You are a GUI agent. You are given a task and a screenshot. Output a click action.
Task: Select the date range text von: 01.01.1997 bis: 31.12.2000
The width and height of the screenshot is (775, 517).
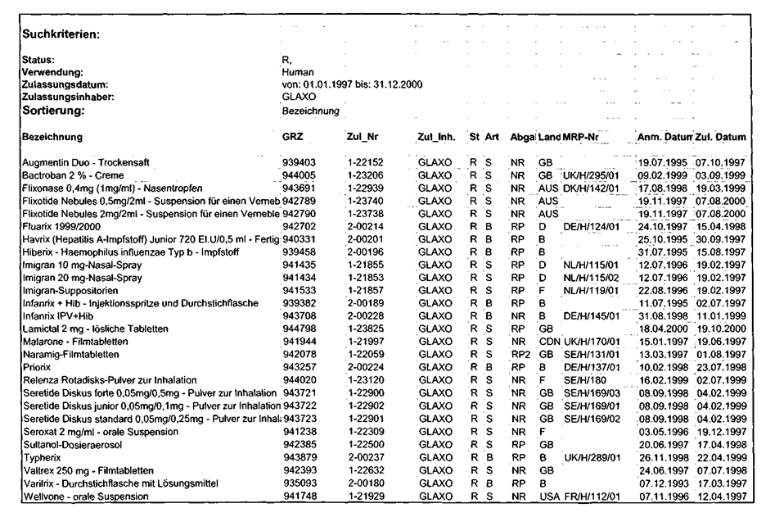point(352,84)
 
